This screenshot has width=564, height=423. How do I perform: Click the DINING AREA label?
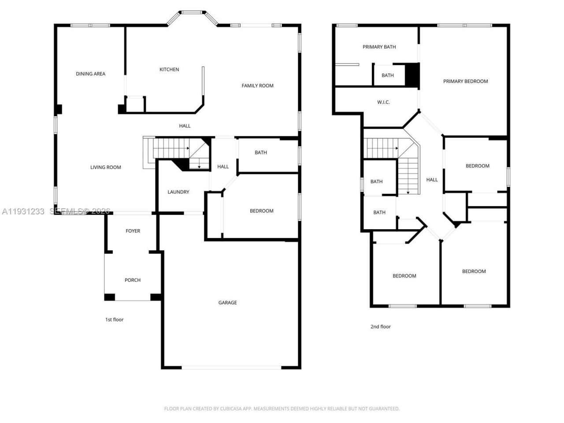[90, 74]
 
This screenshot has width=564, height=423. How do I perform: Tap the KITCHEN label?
[169, 70]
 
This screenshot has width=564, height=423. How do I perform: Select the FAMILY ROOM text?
[257, 86]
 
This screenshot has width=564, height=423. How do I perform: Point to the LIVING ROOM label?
[105, 167]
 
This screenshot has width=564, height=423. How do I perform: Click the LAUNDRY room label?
[178, 192]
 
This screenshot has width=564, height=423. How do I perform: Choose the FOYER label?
[133, 231]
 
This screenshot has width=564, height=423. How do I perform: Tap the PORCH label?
[133, 280]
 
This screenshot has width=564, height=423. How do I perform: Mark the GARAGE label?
[227, 303]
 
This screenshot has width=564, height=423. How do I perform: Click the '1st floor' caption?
[114, 319]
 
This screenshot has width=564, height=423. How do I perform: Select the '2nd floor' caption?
[380, 327]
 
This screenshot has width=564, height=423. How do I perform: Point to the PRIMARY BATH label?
[379, 47]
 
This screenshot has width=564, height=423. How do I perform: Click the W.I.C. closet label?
[383, 102]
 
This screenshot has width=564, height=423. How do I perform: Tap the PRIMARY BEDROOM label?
[465, 82]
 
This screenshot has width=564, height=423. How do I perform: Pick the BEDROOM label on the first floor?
[261, 211]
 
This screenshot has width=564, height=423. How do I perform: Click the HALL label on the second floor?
[432, 180]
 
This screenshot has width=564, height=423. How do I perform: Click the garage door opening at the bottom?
[232, 367]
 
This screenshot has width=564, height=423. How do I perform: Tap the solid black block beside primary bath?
[412, 75]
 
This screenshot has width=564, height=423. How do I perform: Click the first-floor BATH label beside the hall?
[261, 153]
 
